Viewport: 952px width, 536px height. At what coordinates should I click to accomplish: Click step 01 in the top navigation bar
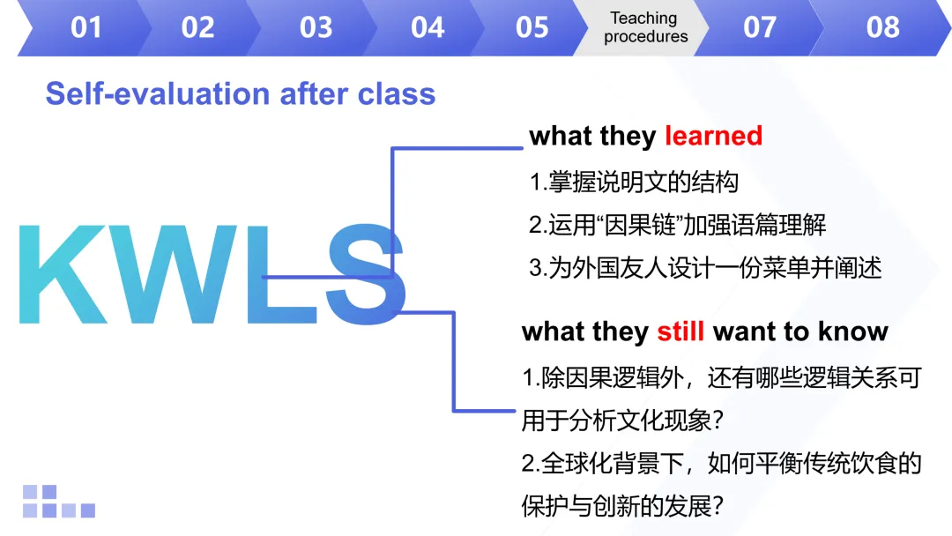[x=86, y=28]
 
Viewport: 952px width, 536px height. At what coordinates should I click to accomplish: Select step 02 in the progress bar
[x=198, y=28]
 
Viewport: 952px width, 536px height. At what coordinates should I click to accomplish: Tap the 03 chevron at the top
[x=316, y=28]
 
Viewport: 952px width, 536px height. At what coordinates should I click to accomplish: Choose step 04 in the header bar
[x=428, y=28]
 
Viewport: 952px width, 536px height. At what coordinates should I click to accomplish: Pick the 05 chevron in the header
[x=532, y=28]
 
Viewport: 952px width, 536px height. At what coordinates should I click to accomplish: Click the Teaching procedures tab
[x=645, y=27]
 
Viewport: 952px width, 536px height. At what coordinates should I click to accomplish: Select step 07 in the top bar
[x=760, y=28]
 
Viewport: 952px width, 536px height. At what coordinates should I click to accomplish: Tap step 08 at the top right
[x=882, y=28]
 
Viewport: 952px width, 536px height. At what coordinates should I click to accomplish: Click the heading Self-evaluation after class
[x=241, y=94]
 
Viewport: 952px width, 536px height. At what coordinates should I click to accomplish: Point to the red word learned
[x=713, y=136]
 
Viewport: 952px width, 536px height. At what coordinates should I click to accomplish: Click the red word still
[x=681, y=331]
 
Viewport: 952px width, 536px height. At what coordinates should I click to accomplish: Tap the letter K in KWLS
[x=63, y=274]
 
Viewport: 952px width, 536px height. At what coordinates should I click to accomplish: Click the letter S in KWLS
[x=366, y=274]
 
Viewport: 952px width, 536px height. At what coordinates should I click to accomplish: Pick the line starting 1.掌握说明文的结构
[x=634, y=182]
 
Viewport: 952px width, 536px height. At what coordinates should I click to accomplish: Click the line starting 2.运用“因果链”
[x=677, y=225]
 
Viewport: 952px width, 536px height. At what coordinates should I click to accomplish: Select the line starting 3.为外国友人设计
[x=705, y=268]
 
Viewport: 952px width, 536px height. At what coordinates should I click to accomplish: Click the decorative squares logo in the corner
[x=59, y=502]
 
